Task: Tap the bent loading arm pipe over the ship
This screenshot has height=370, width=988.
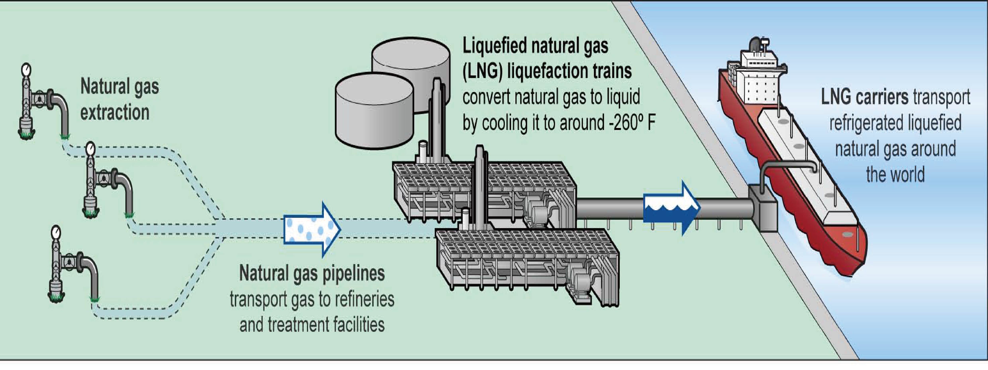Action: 786,166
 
